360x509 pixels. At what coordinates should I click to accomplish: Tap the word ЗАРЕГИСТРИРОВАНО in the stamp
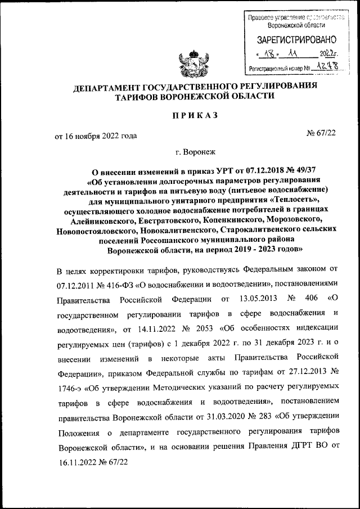(x=296, y=40)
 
